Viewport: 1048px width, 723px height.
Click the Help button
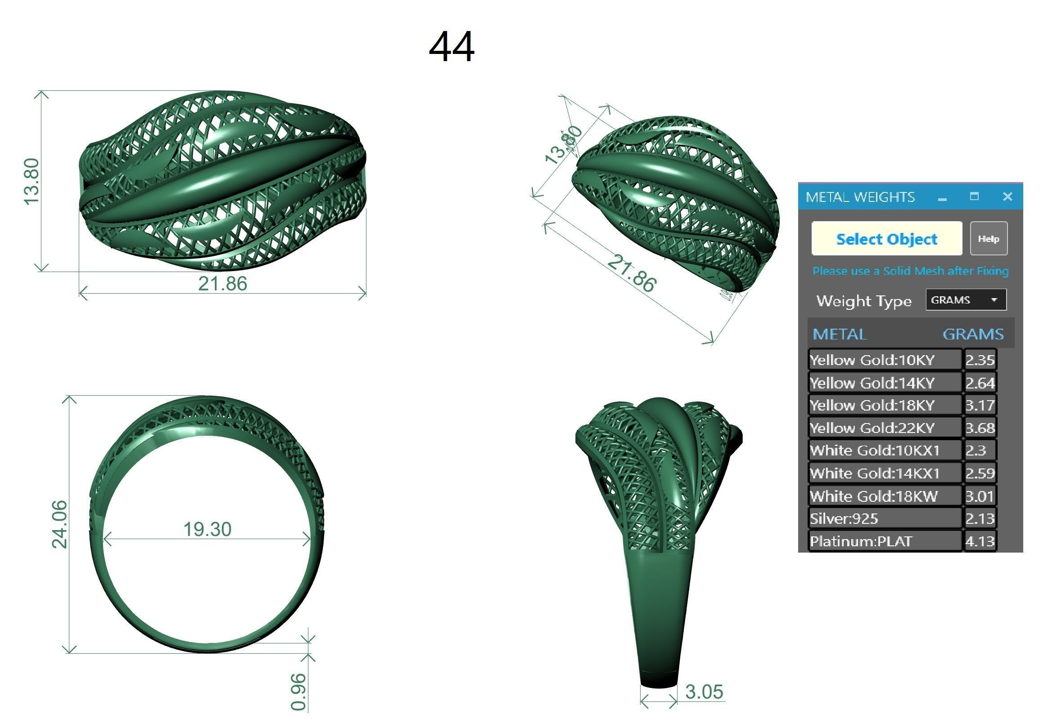point(988,239)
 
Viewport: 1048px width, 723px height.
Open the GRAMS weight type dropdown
point(966,300)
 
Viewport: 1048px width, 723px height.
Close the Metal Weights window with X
point(1007,196)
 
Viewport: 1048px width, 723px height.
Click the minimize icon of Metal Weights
point(942,198)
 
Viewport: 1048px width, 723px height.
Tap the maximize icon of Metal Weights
point(974,196)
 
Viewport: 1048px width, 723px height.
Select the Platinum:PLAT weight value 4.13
point(980,541)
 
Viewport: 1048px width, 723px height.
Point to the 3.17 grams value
point(980,406)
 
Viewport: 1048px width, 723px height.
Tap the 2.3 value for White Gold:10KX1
point(976,451)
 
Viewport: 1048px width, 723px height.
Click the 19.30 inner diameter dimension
point(207,529)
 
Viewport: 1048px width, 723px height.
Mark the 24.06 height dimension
point(59,524)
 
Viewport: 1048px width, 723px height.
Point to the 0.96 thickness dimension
point(298,692)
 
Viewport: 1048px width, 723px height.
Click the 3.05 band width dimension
point(704,692)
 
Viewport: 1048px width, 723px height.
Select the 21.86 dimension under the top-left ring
point(223,284)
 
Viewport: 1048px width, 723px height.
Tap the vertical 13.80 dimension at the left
point(32,181)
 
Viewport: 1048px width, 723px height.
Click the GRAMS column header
point(973,335)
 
